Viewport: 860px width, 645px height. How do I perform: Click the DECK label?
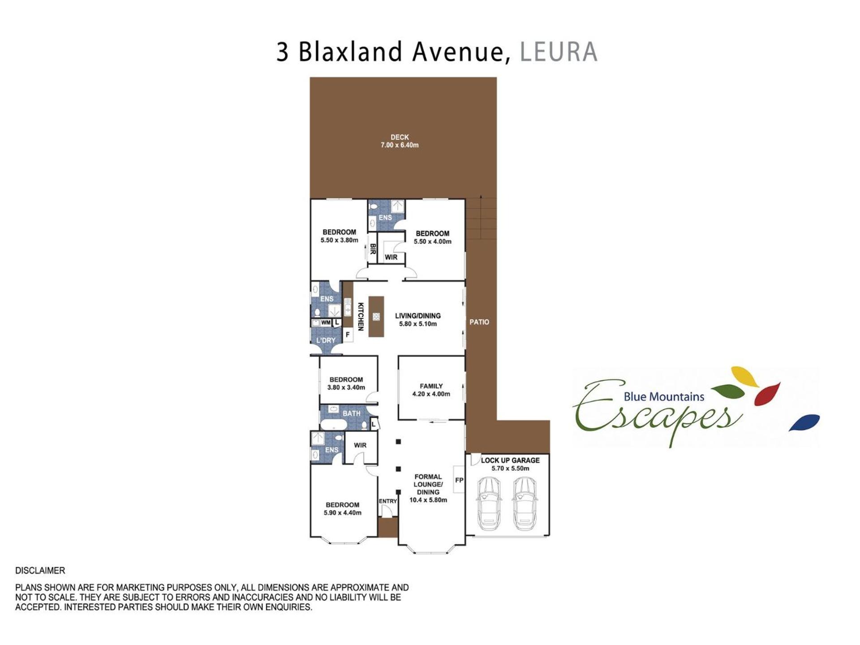pyautogui.click(x=400, y=137)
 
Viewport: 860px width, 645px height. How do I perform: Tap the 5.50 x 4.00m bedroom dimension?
pyautogui.click(x=432, y=241)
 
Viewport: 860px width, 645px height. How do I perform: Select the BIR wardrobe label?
pyautogui.click(x=373, y=249)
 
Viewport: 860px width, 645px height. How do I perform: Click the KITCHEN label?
pyautogui.click(x=361, y=316)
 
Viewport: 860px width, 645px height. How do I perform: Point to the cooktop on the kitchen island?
pyautogui.click(x=376, y=317)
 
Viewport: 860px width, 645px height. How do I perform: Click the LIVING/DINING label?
pyautogui.click(x=418, y=316)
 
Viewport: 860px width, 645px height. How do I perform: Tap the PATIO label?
pyautogui.click(x=479, y=322)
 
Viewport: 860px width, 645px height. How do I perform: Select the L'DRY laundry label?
pyautogui.click(x=326, y=340)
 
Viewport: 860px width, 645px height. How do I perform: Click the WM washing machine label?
pyautogui.click(x=326, y=322)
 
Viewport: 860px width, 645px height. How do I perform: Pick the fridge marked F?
pyautogui.click(x=348, y=335)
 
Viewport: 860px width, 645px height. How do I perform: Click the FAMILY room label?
pyautogui.click(x=431, y=386)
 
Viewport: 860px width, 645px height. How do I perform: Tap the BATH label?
pyautogui.click(x=352, y=413)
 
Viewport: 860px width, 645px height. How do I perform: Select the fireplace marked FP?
pyautogui.click(x=459, y=480)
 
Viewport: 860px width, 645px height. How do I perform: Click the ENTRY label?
pyautogui.click(x=388, y=501)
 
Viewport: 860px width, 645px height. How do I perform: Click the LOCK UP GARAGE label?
pyautogui.click(x=510, y=460)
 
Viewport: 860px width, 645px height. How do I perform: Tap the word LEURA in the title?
pyautogui.click(x=559, y=52)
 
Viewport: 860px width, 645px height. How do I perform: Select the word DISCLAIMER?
pyautogui.click(x=40, y=571)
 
